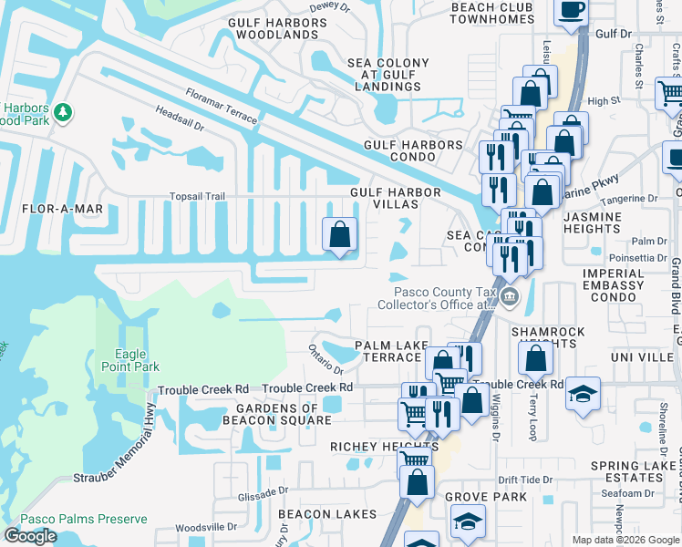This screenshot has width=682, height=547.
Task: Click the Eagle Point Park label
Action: (x=137, y=360)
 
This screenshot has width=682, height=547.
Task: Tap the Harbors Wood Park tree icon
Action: (x=63, y=112)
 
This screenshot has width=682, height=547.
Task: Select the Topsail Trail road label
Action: (x=197, y=196)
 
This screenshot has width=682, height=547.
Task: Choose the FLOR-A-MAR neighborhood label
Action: (x=63, y=209)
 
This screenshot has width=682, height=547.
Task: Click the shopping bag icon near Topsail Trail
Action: (x=339, y=234)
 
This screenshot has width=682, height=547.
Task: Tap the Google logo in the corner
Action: (x=30, y=536)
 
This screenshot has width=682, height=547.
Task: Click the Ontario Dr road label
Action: (x=325, y=359)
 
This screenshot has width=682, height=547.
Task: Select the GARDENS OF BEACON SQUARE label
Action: (x=277, y=414)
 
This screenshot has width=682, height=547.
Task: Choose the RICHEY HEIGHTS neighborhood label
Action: (x=384, y=448)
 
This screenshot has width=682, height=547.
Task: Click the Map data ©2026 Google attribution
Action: (x=625, y=540)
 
